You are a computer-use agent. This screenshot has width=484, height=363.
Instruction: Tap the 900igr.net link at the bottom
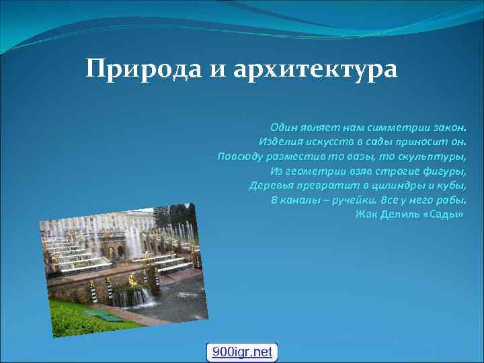pyautogui.click(x=242, y=352)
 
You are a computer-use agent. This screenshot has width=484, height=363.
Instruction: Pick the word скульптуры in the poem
pyautogui.click(x=436, y=157)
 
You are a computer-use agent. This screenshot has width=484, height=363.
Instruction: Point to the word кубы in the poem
pyautogui.click(x=452, y=186)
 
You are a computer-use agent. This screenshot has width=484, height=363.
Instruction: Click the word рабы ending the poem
pyautogui.click(x=452, y=200)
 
